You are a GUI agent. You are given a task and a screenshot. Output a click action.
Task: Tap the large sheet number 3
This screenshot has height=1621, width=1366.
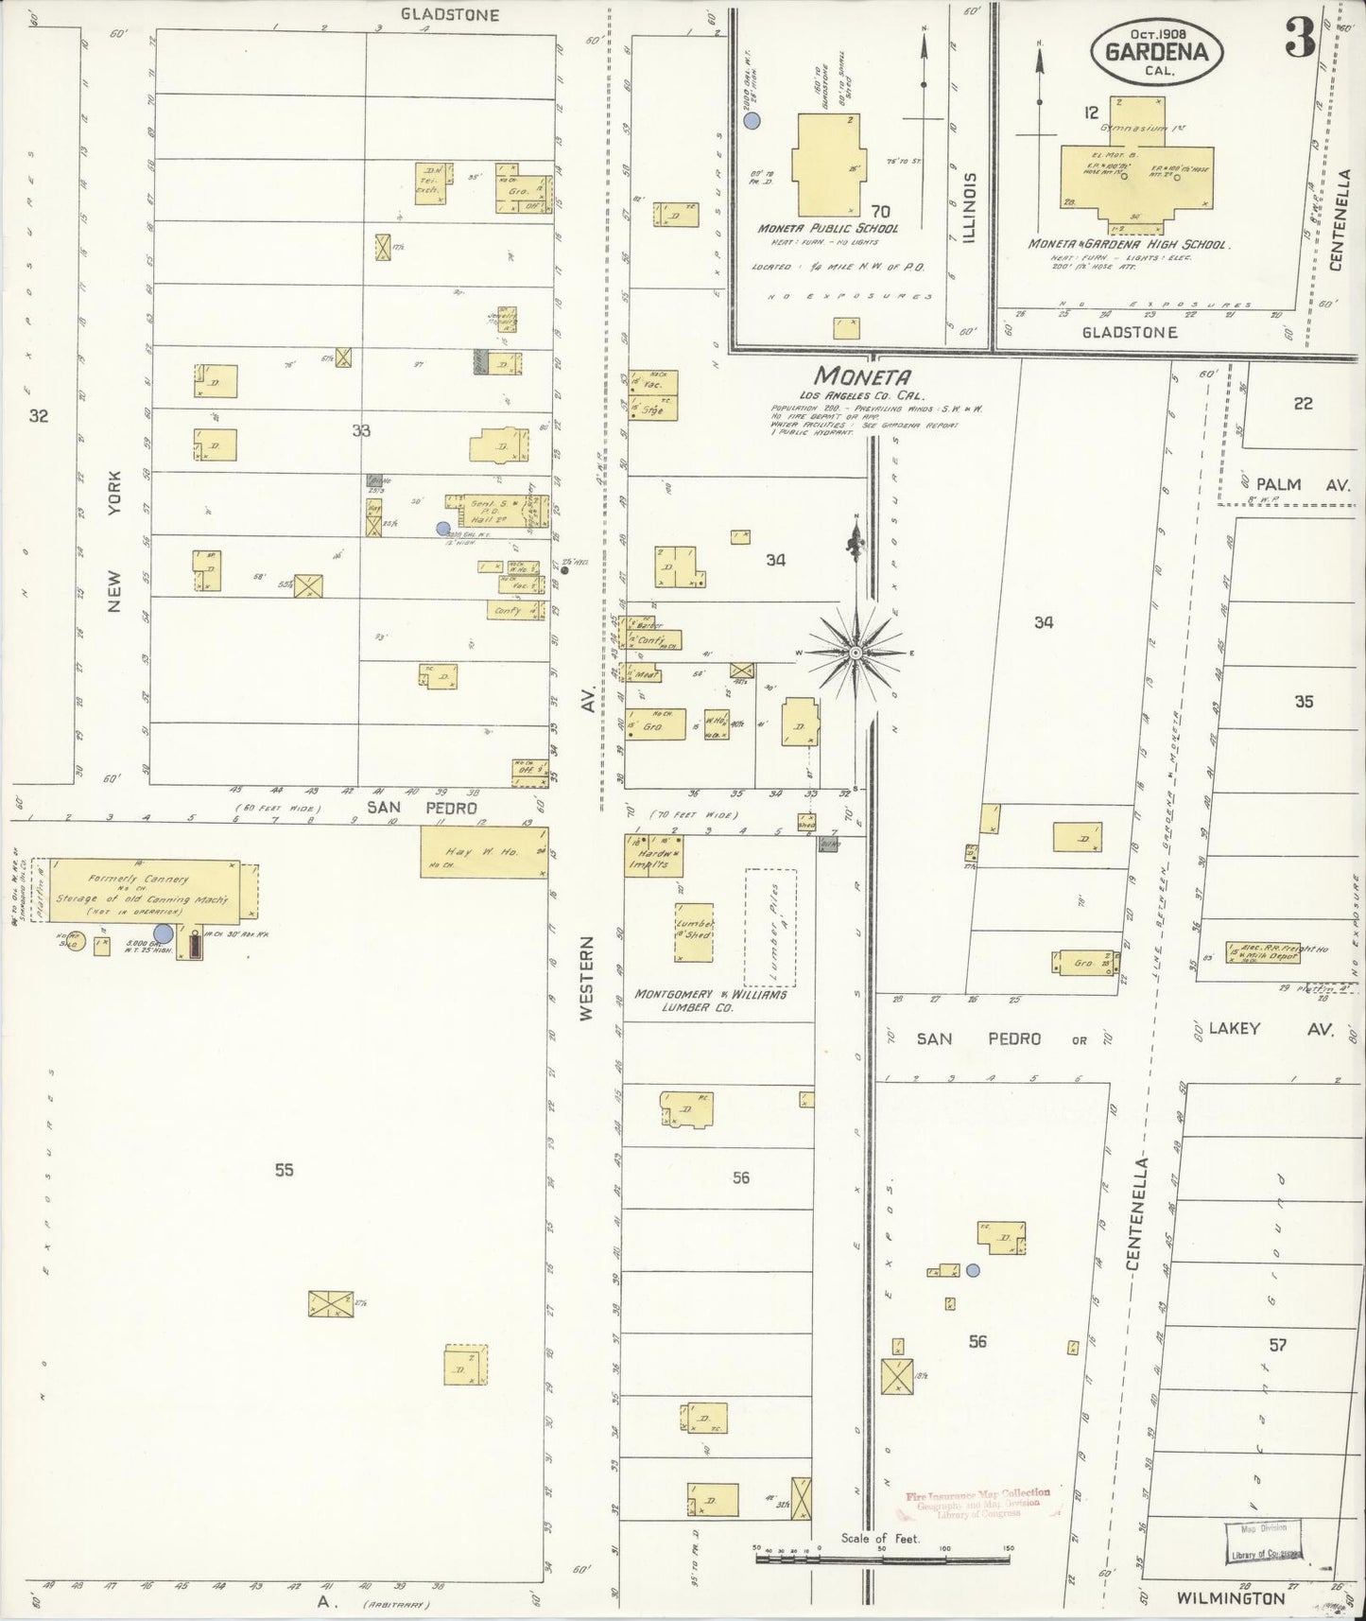[1300, 40]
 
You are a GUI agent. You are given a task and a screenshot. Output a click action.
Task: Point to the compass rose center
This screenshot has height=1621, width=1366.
[855, 653]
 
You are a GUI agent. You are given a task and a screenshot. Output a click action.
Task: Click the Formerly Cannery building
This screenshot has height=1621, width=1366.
[147, 889]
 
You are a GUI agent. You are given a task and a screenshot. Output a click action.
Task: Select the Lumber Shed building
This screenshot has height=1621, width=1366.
[694, 927]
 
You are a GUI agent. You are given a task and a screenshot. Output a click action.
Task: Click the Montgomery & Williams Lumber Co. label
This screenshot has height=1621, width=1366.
[710, 1001]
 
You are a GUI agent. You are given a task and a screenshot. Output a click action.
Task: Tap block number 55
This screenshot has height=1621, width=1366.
[284, 1170]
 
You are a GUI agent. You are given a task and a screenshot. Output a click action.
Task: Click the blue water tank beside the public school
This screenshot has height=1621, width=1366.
[752, 120]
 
